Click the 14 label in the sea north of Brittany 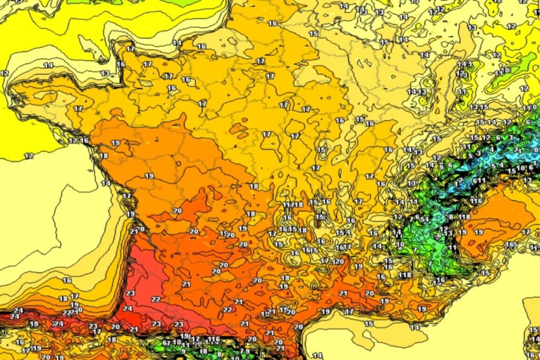click(x=48, y=65)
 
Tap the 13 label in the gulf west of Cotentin click(x=105, y=73)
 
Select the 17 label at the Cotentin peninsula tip click(x=130, y=49)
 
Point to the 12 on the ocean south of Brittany click(x=29, y=155)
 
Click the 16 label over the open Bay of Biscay click(x=67, y=280)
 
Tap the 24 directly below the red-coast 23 click(x=127, y=308)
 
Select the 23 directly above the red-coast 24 click(x=130, y=293)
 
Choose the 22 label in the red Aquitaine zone click(x=156, y=299)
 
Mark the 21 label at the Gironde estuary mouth click(x=133, y=231)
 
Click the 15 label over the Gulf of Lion click(x=369, y=324)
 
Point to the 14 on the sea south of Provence click(x=415, y=327)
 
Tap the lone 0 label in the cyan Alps click(x=536, y=150)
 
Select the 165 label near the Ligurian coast click(x=511, y=245)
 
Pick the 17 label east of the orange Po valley click(x=526, y=232)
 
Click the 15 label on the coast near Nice click(x=485, y=273)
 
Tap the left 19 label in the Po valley click(x=462, y=232)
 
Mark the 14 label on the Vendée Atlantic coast click(x=106, y=183)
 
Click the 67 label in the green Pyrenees click(x=167, y=343)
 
